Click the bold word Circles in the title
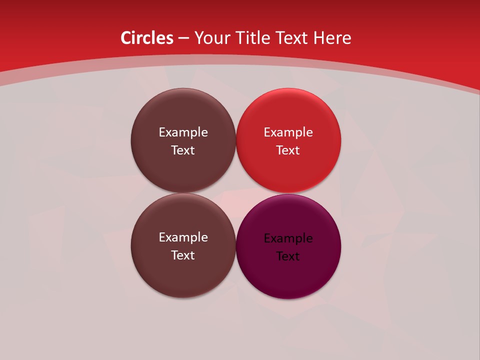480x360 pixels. point(147,38)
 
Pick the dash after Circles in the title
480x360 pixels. point(183,38)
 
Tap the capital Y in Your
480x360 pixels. point(198,38)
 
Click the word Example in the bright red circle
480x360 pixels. point(288,132)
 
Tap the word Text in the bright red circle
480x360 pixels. point(288,150)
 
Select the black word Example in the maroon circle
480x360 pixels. point(288,238)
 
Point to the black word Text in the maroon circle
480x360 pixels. point(288,256)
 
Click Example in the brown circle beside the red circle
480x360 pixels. point(183,132)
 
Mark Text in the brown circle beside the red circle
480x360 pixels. point(183,150)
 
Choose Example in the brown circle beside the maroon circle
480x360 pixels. point(183,237)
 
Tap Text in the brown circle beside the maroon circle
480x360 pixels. point(183,255)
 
